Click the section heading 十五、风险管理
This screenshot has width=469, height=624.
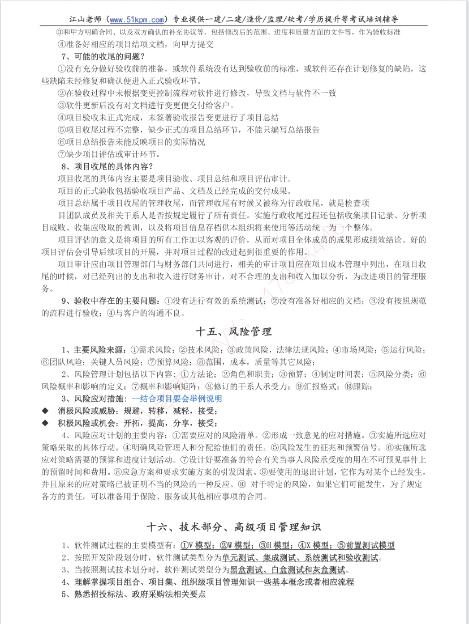pos(234,332)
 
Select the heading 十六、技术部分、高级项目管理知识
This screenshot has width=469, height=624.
pos(234,527)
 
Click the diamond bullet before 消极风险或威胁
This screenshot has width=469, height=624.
pos(45,411)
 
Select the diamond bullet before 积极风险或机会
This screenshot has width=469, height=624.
pos(45,423)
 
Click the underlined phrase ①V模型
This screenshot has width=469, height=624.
pos(197,545)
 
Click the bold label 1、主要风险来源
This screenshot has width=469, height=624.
pos(93,350)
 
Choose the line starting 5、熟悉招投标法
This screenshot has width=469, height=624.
pos(134,595)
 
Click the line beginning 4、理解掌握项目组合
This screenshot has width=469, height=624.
pos(208,582)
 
